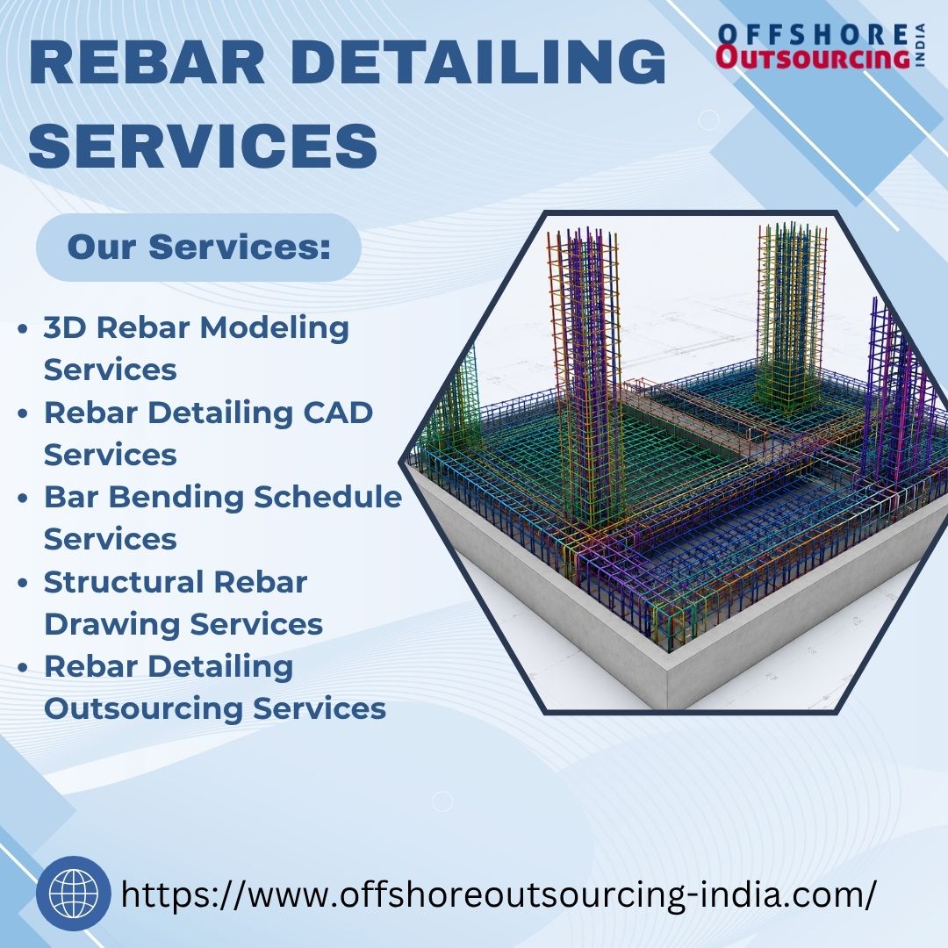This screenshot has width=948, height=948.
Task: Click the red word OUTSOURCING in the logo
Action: [x=813, y=58]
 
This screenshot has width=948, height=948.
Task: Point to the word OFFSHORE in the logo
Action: [x=813, y=34]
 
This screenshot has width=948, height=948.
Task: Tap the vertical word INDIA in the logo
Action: [x=920, y=46]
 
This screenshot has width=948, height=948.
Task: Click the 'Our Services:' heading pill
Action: [x=199, y=248]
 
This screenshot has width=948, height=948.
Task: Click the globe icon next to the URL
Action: [x=73, y=893]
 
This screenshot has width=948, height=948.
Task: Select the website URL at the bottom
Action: [x=499, y=894]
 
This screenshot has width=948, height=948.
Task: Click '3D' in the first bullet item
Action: [x=65, y=328]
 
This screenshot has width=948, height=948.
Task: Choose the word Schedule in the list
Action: [x=327, y=497]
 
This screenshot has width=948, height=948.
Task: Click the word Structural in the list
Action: [x=124, y=582]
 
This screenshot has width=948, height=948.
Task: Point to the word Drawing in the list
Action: [x=111, y=625]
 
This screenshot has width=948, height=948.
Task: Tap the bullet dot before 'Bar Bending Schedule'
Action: [x=23, y=499]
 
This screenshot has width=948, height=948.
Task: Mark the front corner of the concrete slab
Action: [x=667, y=668]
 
